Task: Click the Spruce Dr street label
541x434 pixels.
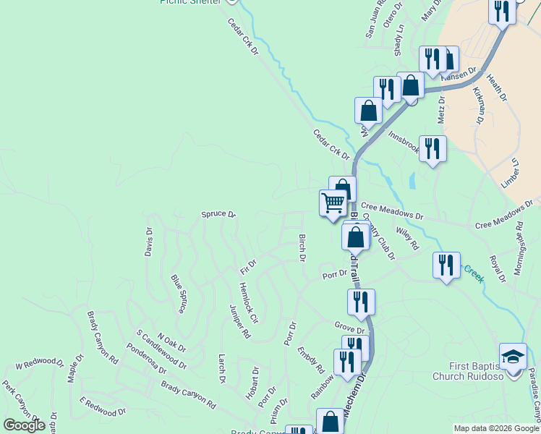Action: pos(218,215)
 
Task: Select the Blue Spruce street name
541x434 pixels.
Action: pos(179,294)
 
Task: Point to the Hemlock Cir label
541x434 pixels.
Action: pos(248,302)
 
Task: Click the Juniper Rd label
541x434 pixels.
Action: pos(239,322)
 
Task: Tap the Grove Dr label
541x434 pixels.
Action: pos(349,328)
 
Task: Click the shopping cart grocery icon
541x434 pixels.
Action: pos(333,203)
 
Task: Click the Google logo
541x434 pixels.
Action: pos(25,425)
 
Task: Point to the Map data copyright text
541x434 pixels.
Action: pos(495,428)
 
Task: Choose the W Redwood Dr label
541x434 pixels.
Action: pos(40,364)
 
